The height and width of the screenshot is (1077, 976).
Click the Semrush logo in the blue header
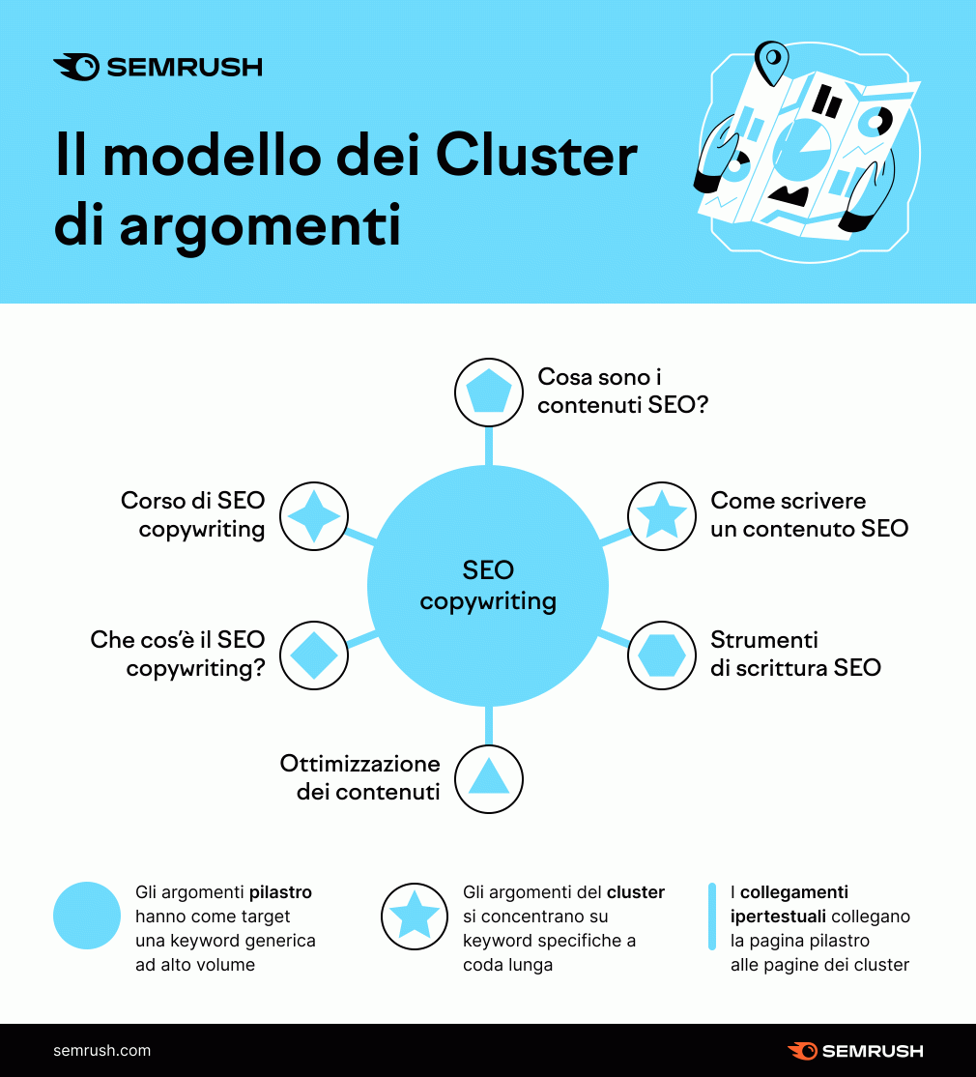click(x=158, y=67)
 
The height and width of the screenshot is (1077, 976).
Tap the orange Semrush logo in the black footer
click(x=855, y=1051)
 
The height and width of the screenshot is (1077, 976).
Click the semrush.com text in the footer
click(x=101, y=1050)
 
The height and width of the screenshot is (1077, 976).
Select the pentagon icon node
click(x=489, y=393)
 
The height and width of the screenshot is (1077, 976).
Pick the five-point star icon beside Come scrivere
click(x=662, y=516)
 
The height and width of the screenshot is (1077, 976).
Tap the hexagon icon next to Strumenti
click(x=662, y=655)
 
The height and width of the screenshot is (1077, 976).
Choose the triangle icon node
click(x=489, y=779)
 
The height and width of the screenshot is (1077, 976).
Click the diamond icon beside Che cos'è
click(x=314, y=655)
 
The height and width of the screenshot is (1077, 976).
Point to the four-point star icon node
click(x=314, y=516)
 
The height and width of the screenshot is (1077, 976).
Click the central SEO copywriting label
click(x=488, y=585)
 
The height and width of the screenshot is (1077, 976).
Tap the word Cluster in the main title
click(x=536, y=156)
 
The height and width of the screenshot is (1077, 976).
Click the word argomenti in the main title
click(x=260, y=226)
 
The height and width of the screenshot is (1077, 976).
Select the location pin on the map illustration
click(x=771, y=63)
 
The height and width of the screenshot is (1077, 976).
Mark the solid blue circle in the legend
click(x=87, y=916)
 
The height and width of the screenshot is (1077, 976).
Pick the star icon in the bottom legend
click(x=415, y=917)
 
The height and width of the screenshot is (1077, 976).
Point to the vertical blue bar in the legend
click(x=712, y=917)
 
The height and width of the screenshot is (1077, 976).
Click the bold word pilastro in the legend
click(x=280, y=892)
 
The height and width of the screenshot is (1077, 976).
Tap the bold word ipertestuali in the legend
click(x=778, y=917)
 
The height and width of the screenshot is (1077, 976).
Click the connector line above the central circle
click(x=489, y=447)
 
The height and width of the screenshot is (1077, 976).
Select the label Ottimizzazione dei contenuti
click(x=360, y=777)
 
